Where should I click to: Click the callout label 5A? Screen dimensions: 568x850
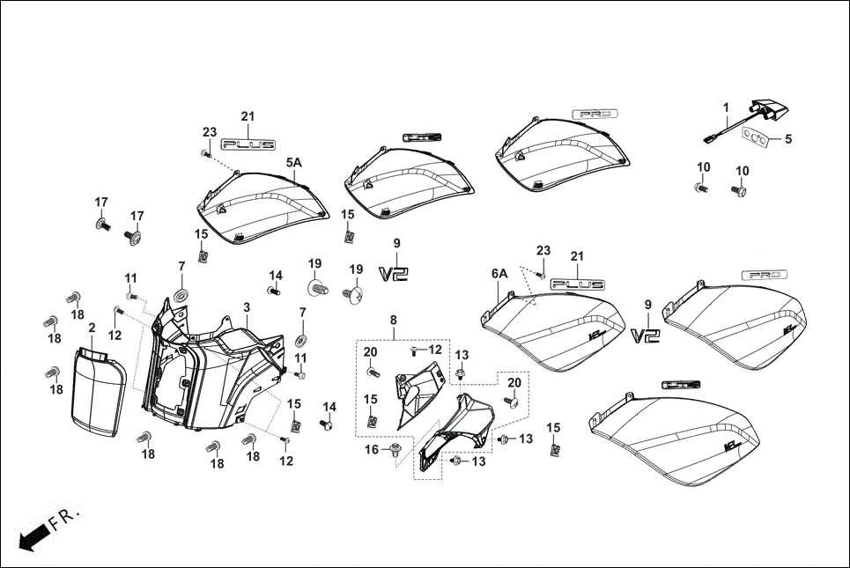pyautogui.click(x=293, y=163)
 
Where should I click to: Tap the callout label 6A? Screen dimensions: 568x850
pyautogui.click(x=499, y=274)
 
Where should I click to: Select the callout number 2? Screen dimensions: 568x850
pyautogui.click(x=92, y=328)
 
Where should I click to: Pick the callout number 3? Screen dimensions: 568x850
pyautogui.click(x=248, y=306)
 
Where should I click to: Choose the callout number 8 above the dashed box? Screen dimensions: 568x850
pyautogui.click(x=394, y=321)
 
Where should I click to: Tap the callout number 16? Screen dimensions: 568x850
pyautogui.click(x=372, y=449)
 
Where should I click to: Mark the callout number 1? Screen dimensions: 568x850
pyautogui.click(x=727, y=107)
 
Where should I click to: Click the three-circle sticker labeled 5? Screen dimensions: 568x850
pyautogui.click(x=756, y=136)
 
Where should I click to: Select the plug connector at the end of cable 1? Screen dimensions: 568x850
pyautogui.click(x=710, y=136)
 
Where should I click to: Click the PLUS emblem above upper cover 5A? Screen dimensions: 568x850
pyautogui.click(x=248, y=144)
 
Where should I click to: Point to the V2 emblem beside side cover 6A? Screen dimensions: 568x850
pyautogui.click(x=646, y=336)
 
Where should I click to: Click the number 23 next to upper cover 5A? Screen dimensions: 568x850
pyautogui.click(x=209, y=132)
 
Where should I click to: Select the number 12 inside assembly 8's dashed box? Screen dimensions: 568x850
pyautogui.click(x=434, y=350)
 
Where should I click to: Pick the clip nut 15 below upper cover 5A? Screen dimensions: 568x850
pyautogui.click(x=202, y=255)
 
